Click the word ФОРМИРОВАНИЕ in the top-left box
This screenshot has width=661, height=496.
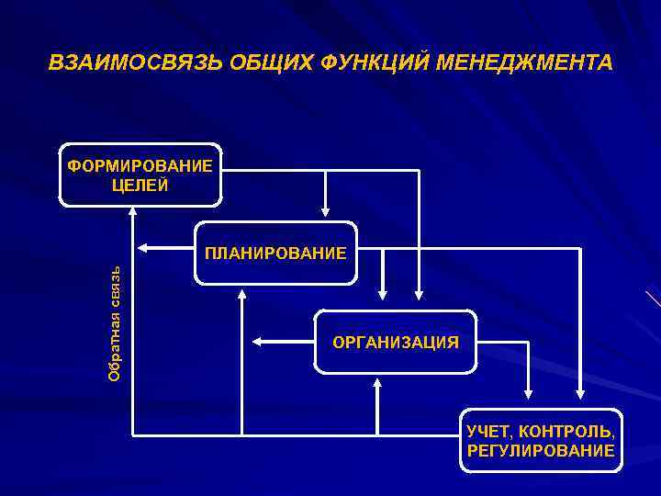(x=140, y=165)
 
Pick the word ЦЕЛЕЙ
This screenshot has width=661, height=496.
(x=139, y=185)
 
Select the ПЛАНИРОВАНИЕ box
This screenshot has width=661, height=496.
(x=275, y=253)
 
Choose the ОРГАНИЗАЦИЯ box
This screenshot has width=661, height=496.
(x=395, y=342)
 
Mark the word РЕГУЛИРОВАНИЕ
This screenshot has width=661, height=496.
(x=541, y=450)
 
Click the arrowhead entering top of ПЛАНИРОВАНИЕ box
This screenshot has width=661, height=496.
(x=324, y=214)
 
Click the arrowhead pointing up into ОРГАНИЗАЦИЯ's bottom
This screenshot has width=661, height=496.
(x=377, y=382)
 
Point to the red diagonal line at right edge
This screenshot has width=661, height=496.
(x=653, y=299)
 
